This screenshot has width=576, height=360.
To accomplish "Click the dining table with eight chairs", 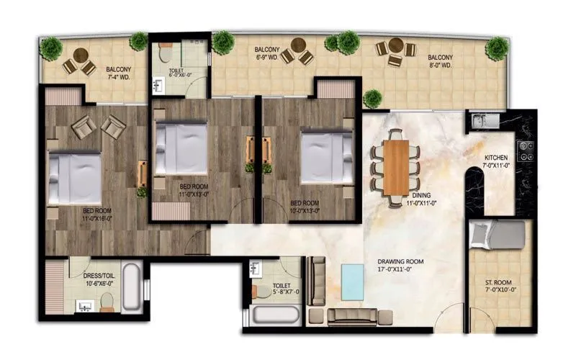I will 395,167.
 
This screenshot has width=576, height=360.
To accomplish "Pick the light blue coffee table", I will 353,282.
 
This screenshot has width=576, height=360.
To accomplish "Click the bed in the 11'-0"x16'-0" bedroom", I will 75,177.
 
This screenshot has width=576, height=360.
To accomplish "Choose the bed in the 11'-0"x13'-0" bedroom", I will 182,148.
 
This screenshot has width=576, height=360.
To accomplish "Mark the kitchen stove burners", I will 526,151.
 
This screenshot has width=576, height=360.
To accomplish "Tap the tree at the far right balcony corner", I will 496,48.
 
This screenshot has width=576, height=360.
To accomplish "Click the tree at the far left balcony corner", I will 51,48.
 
